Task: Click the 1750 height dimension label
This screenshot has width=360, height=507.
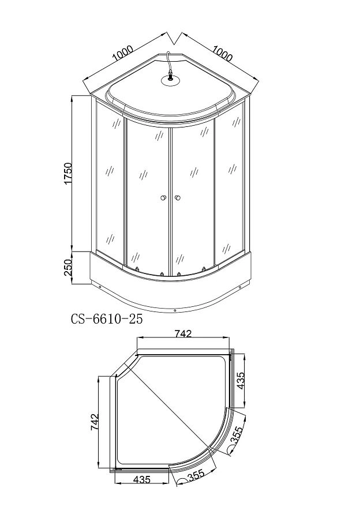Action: tap(68, 174)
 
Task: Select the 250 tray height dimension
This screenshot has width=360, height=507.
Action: tap(67, 267)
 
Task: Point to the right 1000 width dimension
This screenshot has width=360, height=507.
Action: tap(223, 53)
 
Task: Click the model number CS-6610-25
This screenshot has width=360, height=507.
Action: tap(107, 319)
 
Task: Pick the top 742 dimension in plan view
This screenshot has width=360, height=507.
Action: tap(183, 333)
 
